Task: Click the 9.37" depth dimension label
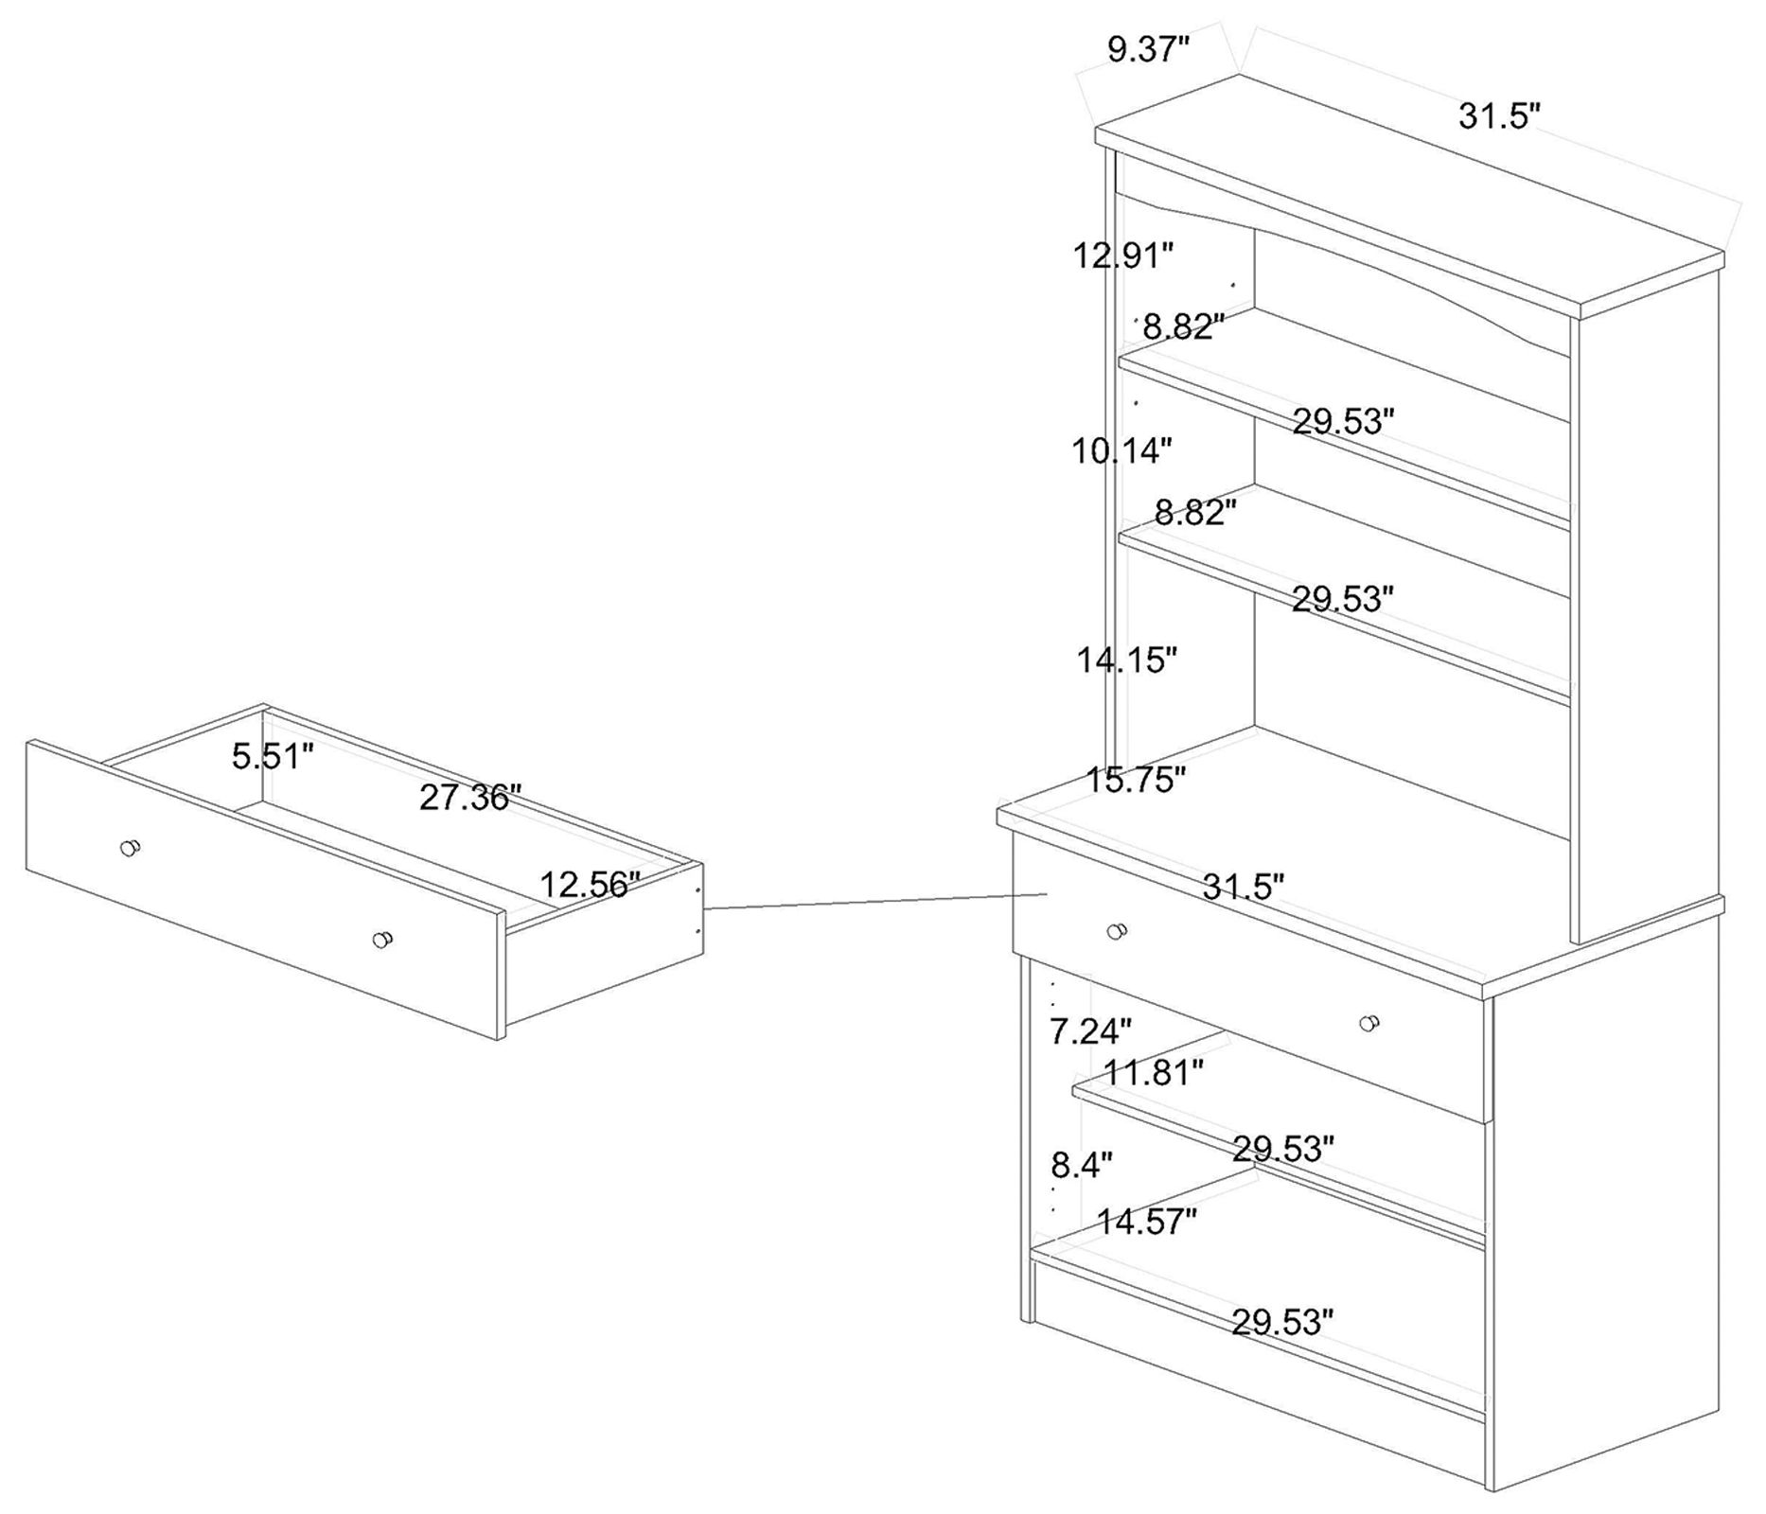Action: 1148,48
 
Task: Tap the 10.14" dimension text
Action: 1121,450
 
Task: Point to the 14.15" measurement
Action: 1126,660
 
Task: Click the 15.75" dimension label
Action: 1135,780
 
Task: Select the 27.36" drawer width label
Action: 470,797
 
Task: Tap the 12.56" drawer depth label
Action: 591,884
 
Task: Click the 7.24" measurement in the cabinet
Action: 1090,1030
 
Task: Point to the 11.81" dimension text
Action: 1154,1072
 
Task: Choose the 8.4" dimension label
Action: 1082,1165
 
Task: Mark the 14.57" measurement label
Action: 1147,1222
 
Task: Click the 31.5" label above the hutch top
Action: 1500,115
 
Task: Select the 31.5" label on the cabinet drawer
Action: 1244,887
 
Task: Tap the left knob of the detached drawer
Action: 130,848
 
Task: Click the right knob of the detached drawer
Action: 382,940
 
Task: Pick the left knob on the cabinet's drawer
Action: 1117,931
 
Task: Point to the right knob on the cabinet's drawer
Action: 1369,1023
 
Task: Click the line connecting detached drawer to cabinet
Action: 875,901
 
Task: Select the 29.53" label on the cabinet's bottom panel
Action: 1282,1321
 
